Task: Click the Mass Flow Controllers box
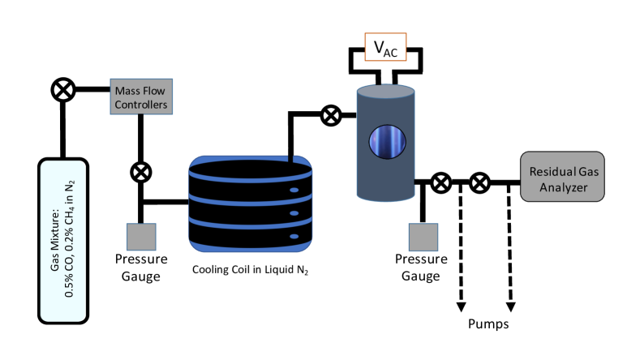(141, 96)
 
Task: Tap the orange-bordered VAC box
(385, 47)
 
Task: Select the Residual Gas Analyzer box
(562, 176)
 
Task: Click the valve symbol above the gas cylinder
(63, 89)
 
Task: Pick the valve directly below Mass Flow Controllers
(141, 172)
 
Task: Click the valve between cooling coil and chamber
(331, 115)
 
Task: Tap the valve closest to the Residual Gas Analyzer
(479, 182)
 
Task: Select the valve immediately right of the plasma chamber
(441, 182)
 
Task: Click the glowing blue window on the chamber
(388, 142)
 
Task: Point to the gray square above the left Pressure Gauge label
(141, 237)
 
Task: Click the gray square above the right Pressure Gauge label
(423, 237)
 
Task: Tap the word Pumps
(488, 324)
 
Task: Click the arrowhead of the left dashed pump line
(462, 307)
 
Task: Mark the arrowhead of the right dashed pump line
(510, 307)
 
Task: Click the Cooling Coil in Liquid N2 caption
(250, 270)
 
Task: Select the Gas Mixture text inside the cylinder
(63, 239)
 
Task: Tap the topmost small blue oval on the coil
(294, 190)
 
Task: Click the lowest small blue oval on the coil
(294, 236)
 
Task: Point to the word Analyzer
(564, 187)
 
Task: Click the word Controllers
(141, 105)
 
